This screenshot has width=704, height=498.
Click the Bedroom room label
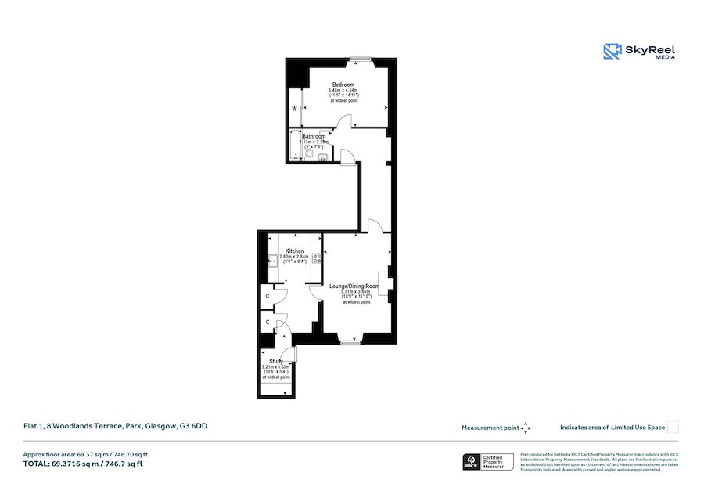pyautogui.click(x=343, y=85)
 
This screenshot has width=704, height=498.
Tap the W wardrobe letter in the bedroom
pyautogui.click(x=295, y=109)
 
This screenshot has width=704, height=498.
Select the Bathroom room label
pyautogui.click(x=314, y=136)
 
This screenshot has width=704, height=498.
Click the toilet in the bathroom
pyautogui.click(x=309, y=156)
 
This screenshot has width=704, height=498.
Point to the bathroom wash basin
pyautogui.click(x=323, y=155)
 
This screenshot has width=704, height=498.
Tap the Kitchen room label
pyautogui.click(x=294, y=251)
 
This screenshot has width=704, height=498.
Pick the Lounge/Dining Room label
pyautogui.click(x=354, y=287)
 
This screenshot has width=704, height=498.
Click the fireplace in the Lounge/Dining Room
pyautogui.click(x=383, y=283)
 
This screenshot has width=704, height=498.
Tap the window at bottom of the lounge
pyautogui.click(x=350, y=342)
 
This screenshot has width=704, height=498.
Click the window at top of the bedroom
pyautogui.click(x=361, y=60)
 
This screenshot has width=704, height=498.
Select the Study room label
pyautogui.click(x=275, y=361)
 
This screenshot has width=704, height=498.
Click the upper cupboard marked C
pyautogui.click(x=268, y=297)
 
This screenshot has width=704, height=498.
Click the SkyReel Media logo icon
pyautogui.click(x=611, y=52)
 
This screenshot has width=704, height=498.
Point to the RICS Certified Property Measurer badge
pyautogui.click(x=488, y=462)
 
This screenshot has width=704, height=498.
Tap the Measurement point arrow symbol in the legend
pyautogui.click(x=526, y=428)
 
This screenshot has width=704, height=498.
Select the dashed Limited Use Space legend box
pyautogui.click(x=673, y=428)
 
